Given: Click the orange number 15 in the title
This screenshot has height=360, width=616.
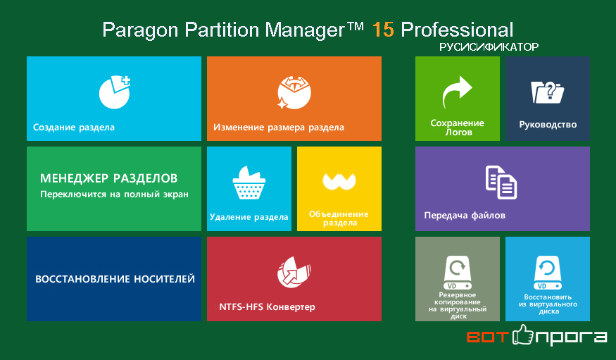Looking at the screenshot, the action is coord(383,30).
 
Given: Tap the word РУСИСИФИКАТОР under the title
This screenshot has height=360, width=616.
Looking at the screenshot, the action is coord(489,47).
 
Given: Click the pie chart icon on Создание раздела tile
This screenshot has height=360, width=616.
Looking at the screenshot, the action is coord(114,92).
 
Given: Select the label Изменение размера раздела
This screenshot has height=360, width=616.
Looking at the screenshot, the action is coord(279,128).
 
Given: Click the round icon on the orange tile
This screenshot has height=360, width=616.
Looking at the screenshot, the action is coord(294,93).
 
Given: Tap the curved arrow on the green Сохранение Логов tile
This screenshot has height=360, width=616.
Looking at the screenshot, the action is coord(457,92).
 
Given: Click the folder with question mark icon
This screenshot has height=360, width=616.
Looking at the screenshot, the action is coord(547,92).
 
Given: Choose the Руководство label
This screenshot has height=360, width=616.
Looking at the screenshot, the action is coord(548,125).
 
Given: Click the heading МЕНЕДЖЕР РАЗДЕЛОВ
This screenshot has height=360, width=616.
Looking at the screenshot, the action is coord(109,178).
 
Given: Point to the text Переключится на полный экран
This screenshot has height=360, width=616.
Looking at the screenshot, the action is coord(114,194).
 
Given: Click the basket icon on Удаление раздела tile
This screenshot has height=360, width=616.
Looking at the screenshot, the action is coord(249,182).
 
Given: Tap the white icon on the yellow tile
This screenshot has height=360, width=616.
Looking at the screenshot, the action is coord(339,181).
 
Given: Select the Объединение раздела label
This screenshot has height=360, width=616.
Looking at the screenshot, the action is coord(339,218).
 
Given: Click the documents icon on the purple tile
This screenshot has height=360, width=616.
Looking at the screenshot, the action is coord(501,182).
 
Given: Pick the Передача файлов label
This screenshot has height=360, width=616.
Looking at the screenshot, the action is coord(465,216).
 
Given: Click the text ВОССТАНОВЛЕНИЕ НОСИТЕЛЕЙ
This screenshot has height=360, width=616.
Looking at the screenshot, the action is coord(115,279).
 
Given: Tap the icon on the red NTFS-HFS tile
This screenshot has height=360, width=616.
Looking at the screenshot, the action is coord(294,272).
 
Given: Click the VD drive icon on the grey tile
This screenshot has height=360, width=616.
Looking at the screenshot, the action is coord(458,273).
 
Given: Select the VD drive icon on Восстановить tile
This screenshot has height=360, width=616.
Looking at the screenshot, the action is coord(548,273).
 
